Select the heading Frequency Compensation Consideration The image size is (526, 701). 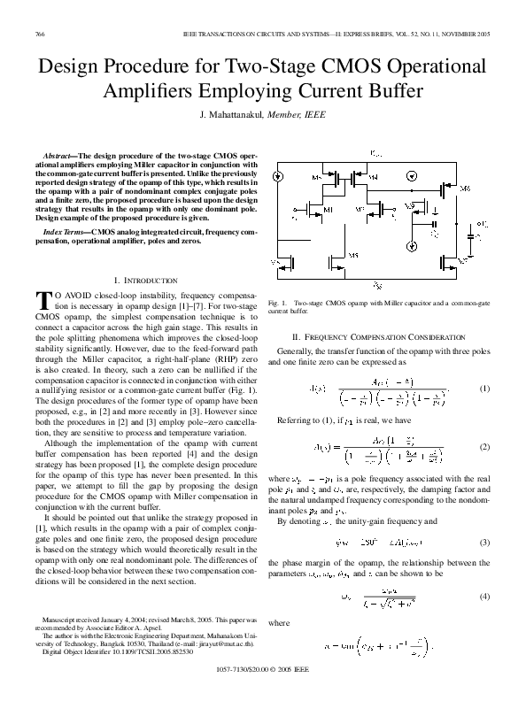click(391, 338)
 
